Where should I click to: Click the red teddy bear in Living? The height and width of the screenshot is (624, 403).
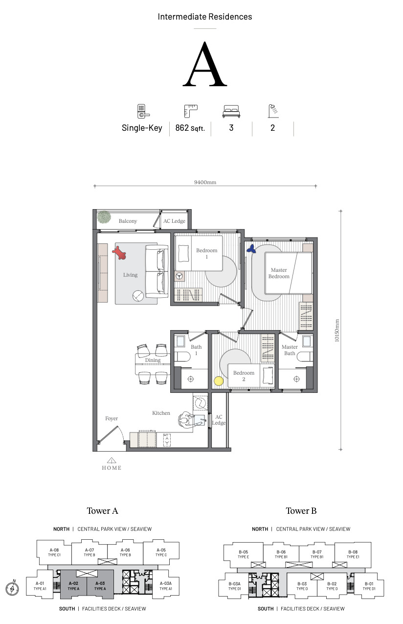(119, 252)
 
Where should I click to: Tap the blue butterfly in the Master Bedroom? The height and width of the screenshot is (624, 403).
(251, 248)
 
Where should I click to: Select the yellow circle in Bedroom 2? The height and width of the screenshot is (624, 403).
(219, 381)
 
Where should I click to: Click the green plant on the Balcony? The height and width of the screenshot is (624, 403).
(104, 217)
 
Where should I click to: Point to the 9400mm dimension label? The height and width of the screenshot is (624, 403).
(205, 182)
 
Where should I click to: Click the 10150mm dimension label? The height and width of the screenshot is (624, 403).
(337, 331)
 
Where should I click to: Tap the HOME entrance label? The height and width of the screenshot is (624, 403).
(112, 468)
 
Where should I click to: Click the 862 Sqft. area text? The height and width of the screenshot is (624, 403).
(190, 128)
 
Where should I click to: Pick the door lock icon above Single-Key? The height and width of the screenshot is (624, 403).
(143, 111)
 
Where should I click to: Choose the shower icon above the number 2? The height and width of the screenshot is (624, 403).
(273, 111)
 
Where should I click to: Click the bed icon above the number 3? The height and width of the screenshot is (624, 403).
(231, 112)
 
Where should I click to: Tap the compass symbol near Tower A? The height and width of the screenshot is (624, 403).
(12, 588)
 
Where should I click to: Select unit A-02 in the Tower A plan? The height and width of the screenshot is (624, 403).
(73, 586)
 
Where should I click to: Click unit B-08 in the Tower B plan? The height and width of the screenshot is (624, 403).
(353, 554)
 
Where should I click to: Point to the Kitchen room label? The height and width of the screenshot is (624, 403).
(161, 413)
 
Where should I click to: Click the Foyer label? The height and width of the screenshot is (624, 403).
(112, 418)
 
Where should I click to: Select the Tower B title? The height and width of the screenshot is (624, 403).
(301, 511)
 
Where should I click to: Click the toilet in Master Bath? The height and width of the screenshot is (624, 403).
(305, 357)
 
